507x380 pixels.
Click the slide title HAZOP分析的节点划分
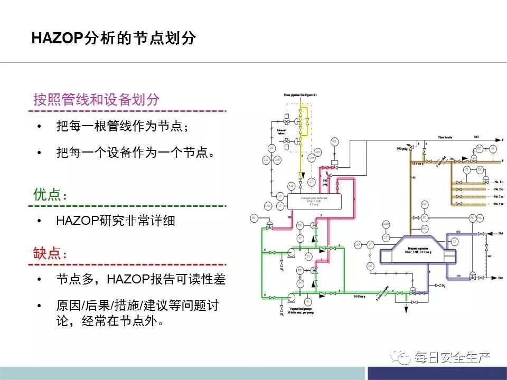pyautogui.click(x=114, y=39)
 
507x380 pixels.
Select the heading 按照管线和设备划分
pyautogui.click(x=96, y=100)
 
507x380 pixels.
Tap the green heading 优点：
pyautogui.click(x=51, y=194)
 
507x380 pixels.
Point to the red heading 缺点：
pyautogui.click(x=51, y=253)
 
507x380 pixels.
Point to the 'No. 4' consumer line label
pyautogui.click(x=497, y=203)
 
